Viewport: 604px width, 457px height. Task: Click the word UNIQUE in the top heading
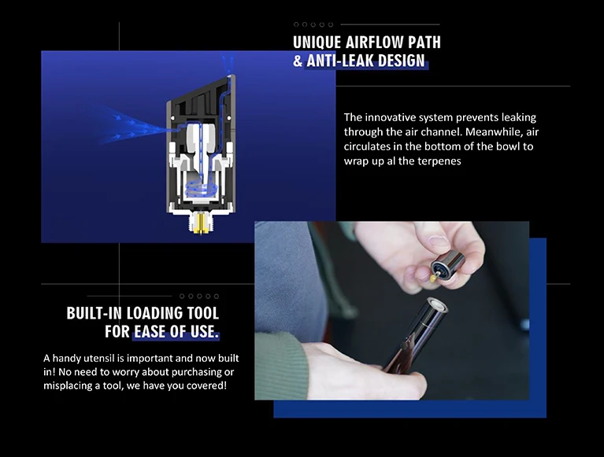(317, 42)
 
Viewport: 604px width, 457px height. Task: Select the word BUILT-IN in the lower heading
(94, 314)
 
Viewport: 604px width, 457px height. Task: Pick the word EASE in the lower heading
(150, 332)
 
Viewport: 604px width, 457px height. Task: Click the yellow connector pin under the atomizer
(200, 224)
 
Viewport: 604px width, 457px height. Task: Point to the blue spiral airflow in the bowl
(200, 190)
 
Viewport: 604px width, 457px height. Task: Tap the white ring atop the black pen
(437, 305)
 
